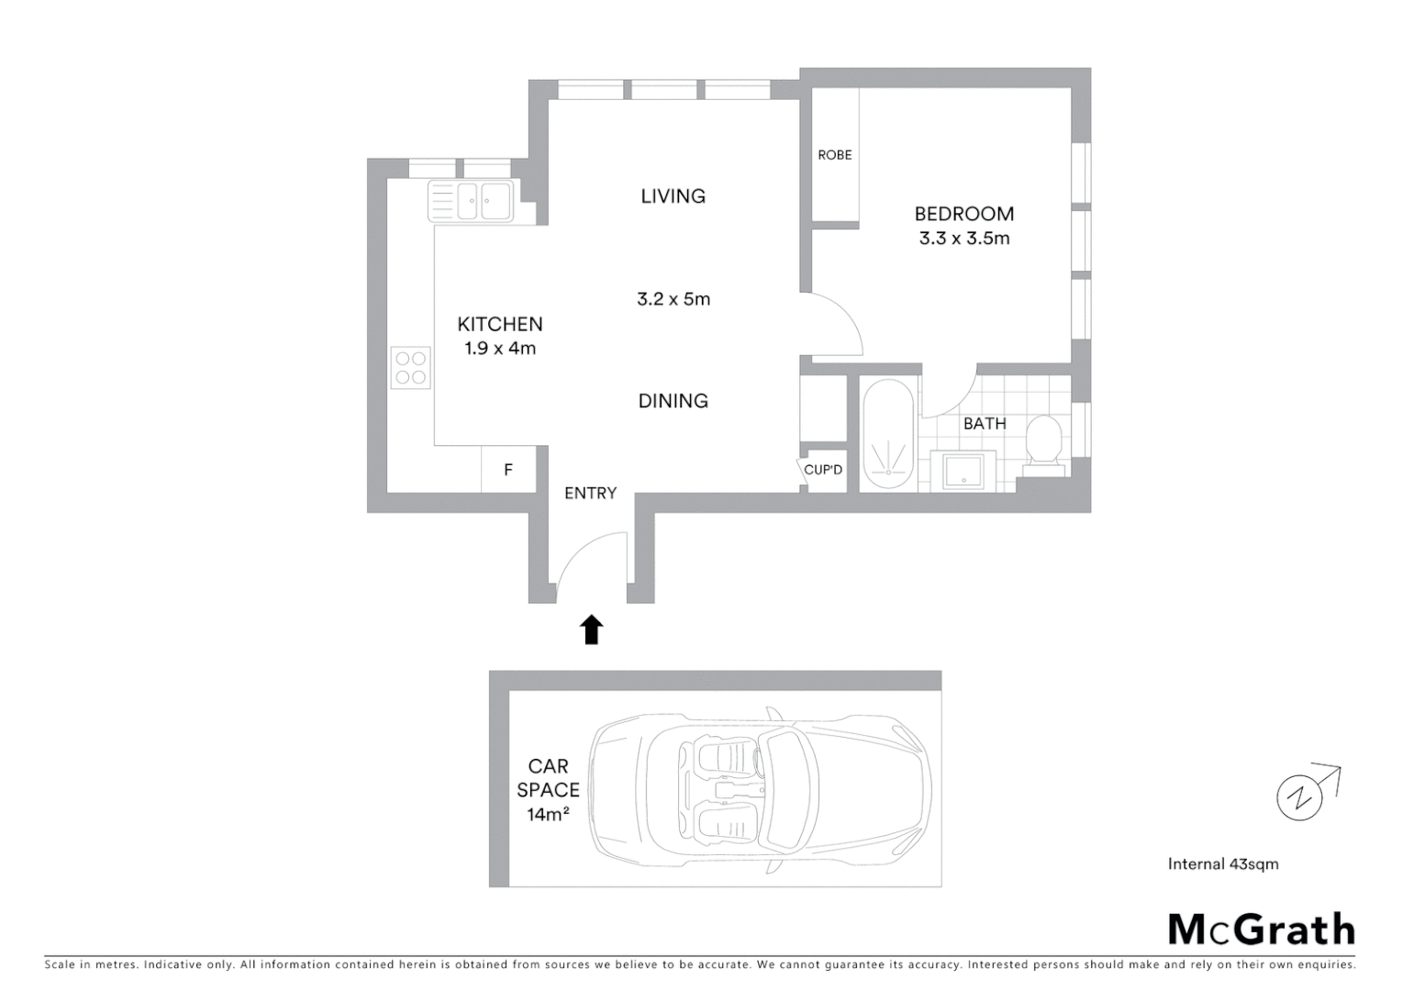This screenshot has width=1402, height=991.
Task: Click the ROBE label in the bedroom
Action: [834, 155]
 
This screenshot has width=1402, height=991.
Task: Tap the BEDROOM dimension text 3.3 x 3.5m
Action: [963, 239]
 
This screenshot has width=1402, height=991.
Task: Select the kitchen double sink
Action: [471, 201]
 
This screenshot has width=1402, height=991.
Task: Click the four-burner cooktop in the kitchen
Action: [410, 367]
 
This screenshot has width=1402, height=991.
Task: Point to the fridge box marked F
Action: [508, 470]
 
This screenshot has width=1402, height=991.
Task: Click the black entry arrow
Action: [592, 629]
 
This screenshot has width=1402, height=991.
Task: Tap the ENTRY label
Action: [590, 494]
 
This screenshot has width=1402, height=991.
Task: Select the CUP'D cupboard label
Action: [823, 471]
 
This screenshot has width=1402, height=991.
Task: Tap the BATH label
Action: [985, 424]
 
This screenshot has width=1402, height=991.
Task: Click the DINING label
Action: [673, 401]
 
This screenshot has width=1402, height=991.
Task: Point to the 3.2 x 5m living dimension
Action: [673, 299]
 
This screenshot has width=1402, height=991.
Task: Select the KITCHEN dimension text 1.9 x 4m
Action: [500, 349]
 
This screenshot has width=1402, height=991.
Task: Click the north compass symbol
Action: [1300, 796]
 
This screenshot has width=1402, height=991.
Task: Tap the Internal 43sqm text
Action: [1222, 864]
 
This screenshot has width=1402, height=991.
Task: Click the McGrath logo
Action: [1261, 930]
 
